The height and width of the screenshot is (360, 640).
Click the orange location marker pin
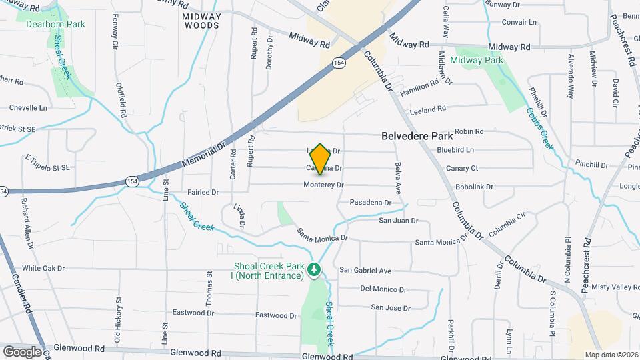pos(320,159)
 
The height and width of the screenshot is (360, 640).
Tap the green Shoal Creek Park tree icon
pos(315,269)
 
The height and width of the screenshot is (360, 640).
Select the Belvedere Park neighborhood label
pos(417,135)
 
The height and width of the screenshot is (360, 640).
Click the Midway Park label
pos(476,60)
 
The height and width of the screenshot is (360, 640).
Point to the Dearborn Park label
pos(55,24)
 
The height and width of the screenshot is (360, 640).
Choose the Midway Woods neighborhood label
pos(201,20)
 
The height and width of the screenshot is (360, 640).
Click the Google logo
pos(22,351)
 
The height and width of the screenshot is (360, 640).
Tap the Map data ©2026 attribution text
pos(611,355)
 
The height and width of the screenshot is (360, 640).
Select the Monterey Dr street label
pos(323,185)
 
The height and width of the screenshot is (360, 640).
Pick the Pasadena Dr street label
pos(370,202)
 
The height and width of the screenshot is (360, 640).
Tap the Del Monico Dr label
pos(383,289)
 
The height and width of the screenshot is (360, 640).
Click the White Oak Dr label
pos(43,268)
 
